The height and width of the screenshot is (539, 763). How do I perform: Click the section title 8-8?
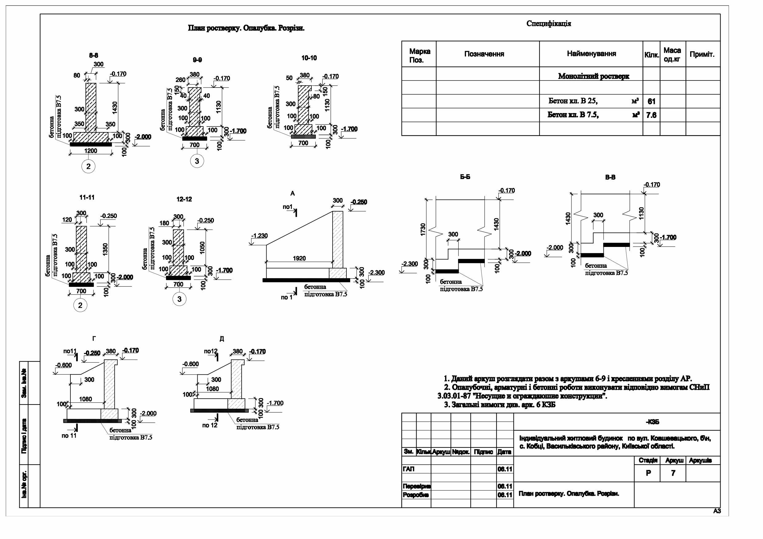(x=93, y=56)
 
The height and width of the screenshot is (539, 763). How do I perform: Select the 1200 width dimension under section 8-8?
(x=90, y=151)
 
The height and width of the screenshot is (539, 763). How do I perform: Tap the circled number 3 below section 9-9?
(x=197, y=161)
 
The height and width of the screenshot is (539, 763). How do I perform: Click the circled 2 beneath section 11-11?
(x=80, y=305)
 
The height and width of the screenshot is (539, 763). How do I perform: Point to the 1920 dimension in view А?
(x=299, y=258)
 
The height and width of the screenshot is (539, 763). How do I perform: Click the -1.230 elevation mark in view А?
(x=259, y=236)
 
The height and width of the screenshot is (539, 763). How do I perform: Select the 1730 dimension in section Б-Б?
(x=423, y=229)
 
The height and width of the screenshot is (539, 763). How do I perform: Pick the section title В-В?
(x=610, y=177)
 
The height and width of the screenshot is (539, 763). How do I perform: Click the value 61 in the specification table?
(x=651, y=101)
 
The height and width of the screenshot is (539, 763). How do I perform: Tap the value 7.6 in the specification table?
(x=651, y=115)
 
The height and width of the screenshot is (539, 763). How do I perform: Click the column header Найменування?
(x=591, y=54)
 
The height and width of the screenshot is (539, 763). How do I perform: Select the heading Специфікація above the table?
(x=549, y=24)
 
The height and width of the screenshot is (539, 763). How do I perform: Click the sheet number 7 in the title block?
(x=673, y=473)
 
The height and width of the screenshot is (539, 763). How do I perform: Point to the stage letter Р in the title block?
(x=648, y=473)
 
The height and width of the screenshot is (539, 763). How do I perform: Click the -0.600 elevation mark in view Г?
(x=63, y=365)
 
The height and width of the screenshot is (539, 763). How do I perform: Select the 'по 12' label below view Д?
(x=210, y=425)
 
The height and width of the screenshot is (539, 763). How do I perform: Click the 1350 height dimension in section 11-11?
(x=105, y=249)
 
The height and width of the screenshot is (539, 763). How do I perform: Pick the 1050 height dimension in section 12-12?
(x=202, y=248)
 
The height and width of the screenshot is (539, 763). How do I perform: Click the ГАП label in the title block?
(x=409, y=469)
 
